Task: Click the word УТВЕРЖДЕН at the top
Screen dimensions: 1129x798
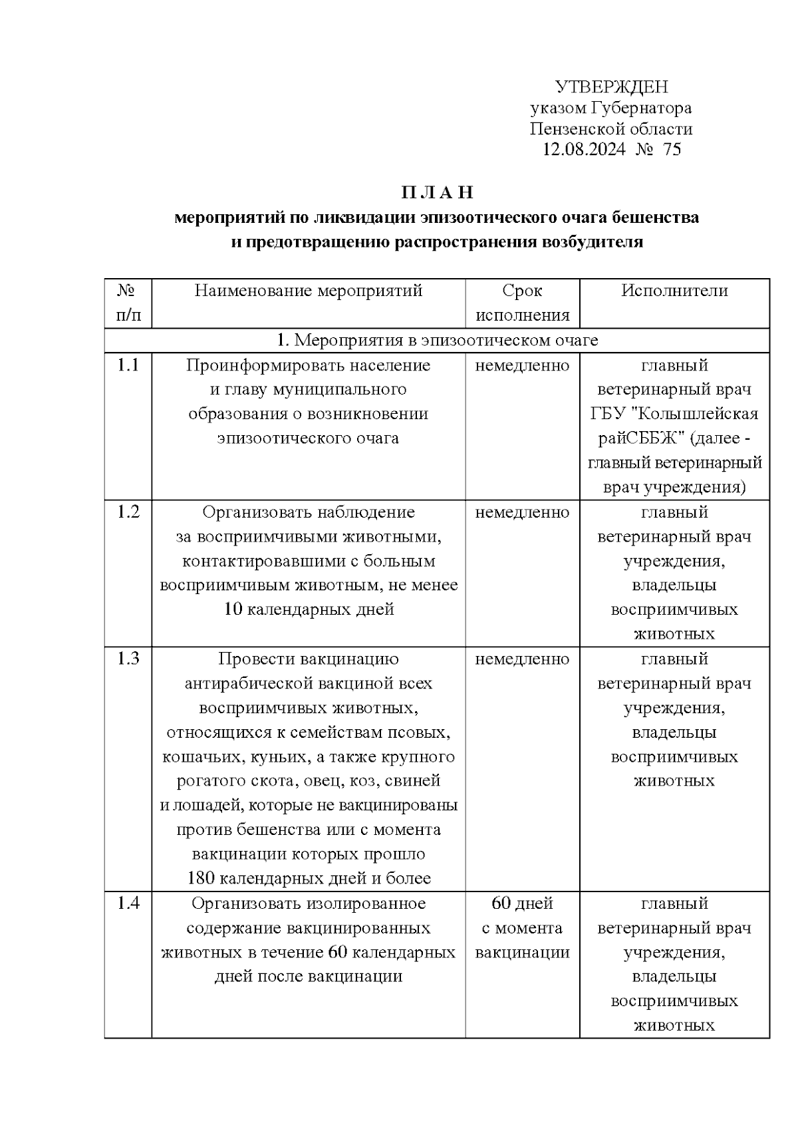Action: (611, 87)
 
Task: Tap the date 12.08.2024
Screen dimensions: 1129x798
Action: (584, 149)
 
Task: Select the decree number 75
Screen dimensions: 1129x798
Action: (672, 149)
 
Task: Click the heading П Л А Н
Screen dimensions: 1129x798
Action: (437, 193)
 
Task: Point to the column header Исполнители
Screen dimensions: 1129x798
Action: (674, 291)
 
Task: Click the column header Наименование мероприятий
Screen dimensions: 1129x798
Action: (309, 291)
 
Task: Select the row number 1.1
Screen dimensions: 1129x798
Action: (128, 365)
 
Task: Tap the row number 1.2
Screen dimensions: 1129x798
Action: (128, 512)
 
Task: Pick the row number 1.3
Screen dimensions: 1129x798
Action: (128, 659)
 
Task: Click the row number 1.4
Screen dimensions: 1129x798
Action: (128, 903)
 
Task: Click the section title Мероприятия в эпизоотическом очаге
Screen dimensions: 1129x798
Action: (446, 341)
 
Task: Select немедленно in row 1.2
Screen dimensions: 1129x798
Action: (522, 512)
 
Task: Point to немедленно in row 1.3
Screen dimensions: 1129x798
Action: (522, 659)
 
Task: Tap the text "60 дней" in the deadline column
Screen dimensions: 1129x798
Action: (522, 903)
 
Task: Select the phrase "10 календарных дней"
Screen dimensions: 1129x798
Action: (309, 609)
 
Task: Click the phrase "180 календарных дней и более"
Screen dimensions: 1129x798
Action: (309, 878)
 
